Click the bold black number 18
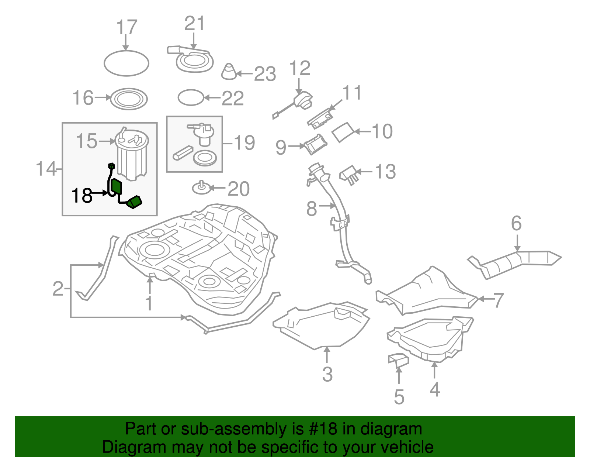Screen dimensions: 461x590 pos(82,195)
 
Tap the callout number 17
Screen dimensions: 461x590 pos(126,28)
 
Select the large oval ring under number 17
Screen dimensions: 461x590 pos(126,63)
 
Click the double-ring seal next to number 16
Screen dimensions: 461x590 pos(129,99)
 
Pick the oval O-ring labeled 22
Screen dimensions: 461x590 pos(191,98)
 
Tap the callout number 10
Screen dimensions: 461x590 pos(382,131)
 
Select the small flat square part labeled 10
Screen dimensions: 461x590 pos(343,132)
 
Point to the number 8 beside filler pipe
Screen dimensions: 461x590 pos(312,209)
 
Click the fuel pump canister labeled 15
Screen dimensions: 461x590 pos(132,155)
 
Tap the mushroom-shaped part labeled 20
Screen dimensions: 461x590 pos(201,188)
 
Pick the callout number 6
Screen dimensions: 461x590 pos(516,224)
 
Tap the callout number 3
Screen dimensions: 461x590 pos(327,374)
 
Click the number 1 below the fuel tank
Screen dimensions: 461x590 pos(149,303)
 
